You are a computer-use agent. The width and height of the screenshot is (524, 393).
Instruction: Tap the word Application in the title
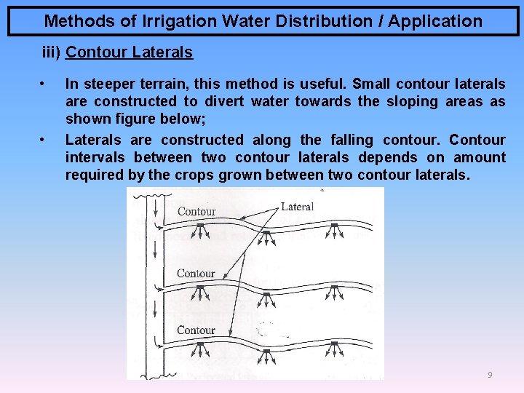(x=434, y=21)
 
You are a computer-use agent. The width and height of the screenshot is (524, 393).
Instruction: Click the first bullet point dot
(x=44, y=84)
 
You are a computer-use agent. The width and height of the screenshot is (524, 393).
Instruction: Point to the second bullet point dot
(x=44, y=140)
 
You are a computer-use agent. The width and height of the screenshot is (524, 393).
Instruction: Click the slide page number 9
(x=490, y=375)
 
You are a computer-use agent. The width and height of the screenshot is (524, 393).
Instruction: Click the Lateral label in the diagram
(x=297, y=207)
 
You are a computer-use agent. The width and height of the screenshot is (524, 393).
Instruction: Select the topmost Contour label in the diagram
(x=196, y=212)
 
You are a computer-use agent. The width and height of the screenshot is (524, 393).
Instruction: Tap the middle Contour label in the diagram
(x=196, y=274)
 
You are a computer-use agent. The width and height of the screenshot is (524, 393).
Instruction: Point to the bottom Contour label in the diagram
(x=196, y=330)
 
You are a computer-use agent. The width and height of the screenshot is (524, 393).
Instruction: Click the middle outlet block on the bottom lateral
(x=266, y=352)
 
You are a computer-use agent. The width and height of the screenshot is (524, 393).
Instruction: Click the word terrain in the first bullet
(x=180, y=84)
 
